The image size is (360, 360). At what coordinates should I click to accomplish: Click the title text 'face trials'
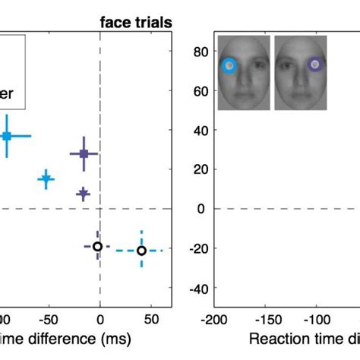tap(135, 23)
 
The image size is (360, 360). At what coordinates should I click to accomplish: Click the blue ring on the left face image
tap(229, 65)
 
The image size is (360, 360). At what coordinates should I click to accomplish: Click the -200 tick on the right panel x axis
tap(214, 318)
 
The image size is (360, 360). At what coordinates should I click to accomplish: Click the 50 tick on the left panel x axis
tap(151, 318)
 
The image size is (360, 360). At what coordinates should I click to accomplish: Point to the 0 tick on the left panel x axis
tap(100, 318)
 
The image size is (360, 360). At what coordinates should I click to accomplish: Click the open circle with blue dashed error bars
tap(141, 250)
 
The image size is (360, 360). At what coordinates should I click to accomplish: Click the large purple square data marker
tap(84, 154)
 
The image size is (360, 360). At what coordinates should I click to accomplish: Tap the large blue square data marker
tap(7, 136)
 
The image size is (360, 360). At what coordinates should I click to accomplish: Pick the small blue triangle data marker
tap(46, 179)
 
